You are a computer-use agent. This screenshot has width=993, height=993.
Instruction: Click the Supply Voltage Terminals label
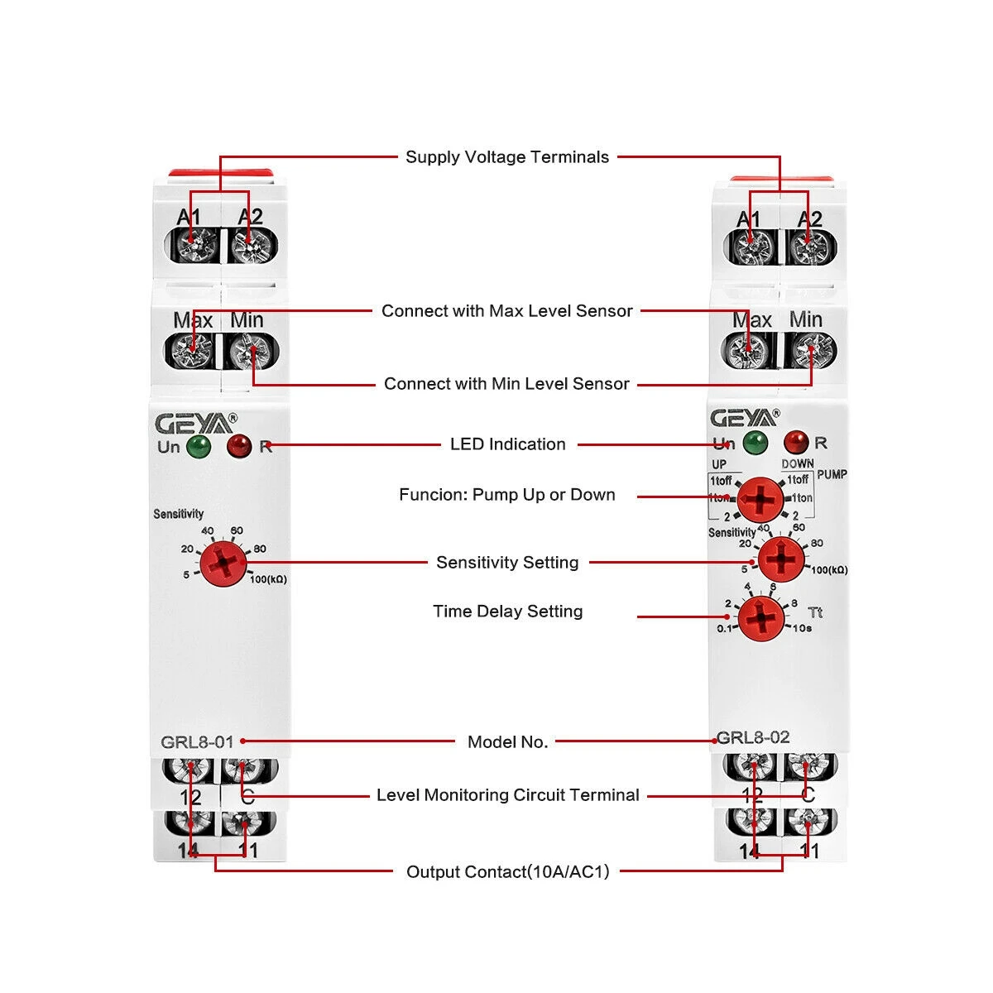pos(506,157)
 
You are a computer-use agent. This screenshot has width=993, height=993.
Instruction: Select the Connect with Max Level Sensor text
pos(506,311)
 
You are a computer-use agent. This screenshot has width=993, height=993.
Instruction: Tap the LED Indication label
pos(507,444)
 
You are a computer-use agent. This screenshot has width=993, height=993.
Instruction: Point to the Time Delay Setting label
pos(507,612)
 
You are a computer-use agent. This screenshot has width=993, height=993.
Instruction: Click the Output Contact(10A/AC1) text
pos(507,871)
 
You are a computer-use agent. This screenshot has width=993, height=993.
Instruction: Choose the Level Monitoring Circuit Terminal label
pos(507,795)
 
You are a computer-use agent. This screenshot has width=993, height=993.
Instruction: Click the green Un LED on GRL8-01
pos(199,447)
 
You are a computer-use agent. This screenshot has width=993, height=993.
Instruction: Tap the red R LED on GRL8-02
pos(796,442)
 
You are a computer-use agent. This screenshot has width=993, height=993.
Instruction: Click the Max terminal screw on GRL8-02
pos(750,351)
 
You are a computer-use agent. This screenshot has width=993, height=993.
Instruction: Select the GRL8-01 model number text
pos(197,742)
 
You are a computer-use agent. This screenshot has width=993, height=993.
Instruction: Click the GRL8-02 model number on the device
pos(753,737)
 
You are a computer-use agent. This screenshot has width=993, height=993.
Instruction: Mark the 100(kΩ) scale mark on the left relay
pos(268,579)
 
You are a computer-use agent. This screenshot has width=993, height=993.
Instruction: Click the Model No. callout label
pos(507,742)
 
